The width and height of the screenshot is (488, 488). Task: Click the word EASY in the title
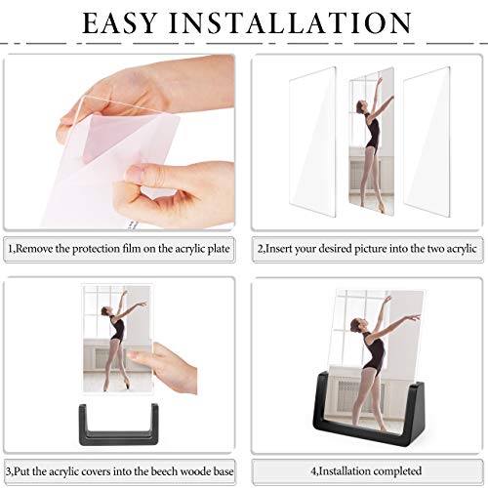[x=119, y=23]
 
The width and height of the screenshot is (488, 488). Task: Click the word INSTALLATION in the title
[x=291, y=23]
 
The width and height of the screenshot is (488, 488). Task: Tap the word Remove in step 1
[x=34, y=249]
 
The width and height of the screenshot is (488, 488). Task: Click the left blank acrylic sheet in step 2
[x=312, y=142]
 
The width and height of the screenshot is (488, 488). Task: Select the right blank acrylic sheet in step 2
[x=427, y=142]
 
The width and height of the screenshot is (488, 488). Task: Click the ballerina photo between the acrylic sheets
[x=371, y=142]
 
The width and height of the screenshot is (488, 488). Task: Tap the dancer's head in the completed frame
[x=355, y=324]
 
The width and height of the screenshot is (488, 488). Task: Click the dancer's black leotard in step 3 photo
[x=118, y=329]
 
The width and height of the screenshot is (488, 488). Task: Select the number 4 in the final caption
[x=313, y=471]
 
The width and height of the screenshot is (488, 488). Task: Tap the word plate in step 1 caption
[x=220, y=250]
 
